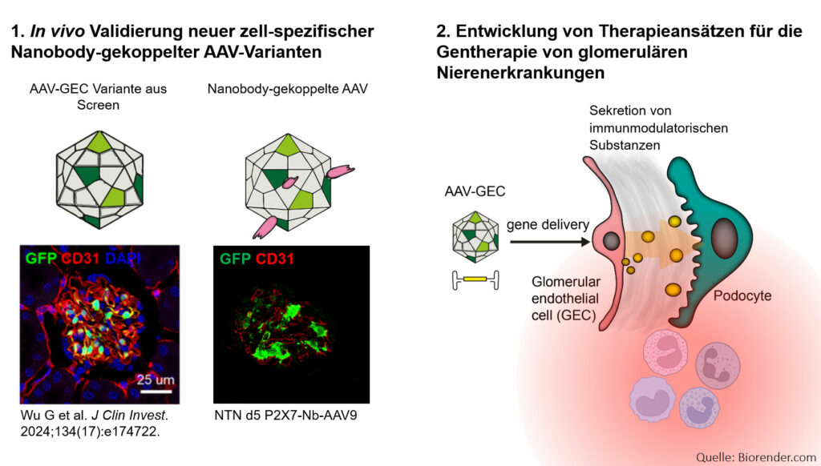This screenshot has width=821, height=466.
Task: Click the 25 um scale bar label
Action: pos(156,380)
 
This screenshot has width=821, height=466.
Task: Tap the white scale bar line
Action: pos(156,391)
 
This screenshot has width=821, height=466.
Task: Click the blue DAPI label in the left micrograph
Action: pos(123,258)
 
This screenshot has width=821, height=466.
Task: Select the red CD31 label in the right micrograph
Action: pos(274,259)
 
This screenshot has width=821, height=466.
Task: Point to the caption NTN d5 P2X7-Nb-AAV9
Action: pos(285,416)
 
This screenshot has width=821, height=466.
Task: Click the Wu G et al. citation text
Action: pos(95,423)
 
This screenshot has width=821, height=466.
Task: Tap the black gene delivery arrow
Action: pos(550,242)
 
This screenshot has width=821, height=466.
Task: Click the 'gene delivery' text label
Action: pos(548,225)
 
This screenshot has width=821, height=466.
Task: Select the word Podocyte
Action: pos(742,295)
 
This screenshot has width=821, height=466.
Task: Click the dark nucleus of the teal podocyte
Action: pos(725,238)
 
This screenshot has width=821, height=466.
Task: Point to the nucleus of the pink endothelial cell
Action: pos(611,241)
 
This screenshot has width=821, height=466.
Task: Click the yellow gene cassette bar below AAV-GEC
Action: pos(475,279)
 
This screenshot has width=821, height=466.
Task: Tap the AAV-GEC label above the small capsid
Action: pos(475,191)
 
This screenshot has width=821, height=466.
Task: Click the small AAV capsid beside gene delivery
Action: pos(475,237)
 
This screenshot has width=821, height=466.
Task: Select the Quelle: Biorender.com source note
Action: pos(755,457)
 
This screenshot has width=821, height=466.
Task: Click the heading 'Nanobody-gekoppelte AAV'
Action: pos(288,89)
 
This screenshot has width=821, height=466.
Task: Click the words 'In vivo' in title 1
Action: pos(57,31)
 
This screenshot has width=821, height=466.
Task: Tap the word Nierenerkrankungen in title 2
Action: pos(520,73)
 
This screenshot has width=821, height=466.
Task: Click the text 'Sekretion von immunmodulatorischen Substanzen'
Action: pos(658,127)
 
